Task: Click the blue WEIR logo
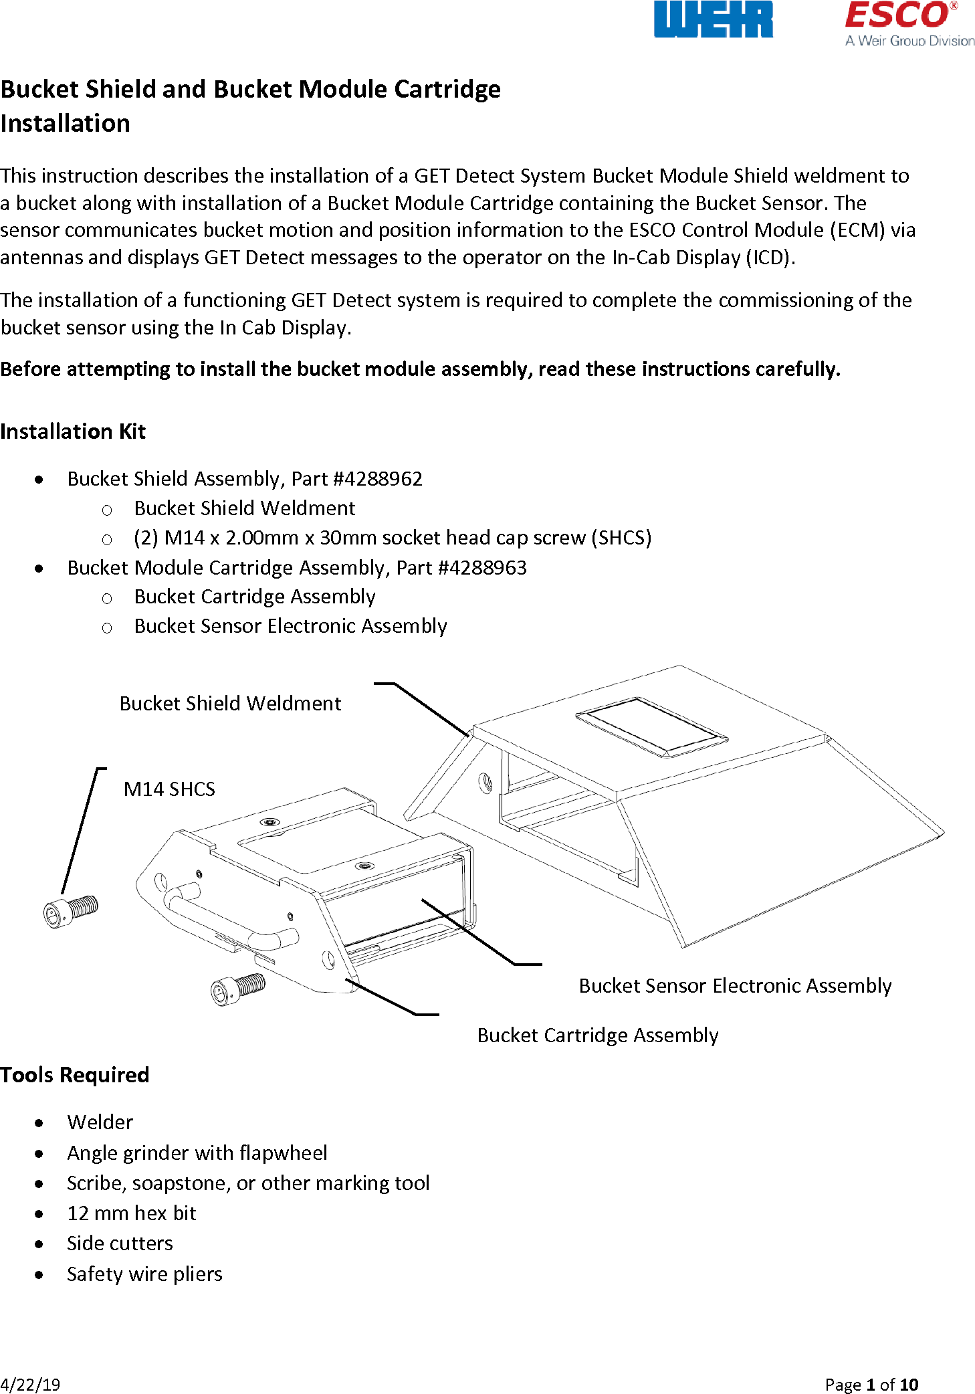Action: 713,19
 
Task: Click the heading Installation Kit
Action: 73,431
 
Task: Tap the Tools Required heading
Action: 74,1075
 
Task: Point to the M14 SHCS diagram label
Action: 169,789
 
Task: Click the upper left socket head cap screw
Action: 70,910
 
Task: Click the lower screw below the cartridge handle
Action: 237,989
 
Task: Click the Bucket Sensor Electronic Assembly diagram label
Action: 735,986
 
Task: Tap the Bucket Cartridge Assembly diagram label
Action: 597,1035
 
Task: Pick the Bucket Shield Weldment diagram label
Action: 230,704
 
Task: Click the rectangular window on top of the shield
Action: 651,726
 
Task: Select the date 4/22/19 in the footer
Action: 30,1385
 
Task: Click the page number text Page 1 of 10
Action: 871,1385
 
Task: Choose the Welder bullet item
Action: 100,1122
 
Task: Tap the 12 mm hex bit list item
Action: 132,1213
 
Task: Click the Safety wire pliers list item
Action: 144,1274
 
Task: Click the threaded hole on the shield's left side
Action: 485,781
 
